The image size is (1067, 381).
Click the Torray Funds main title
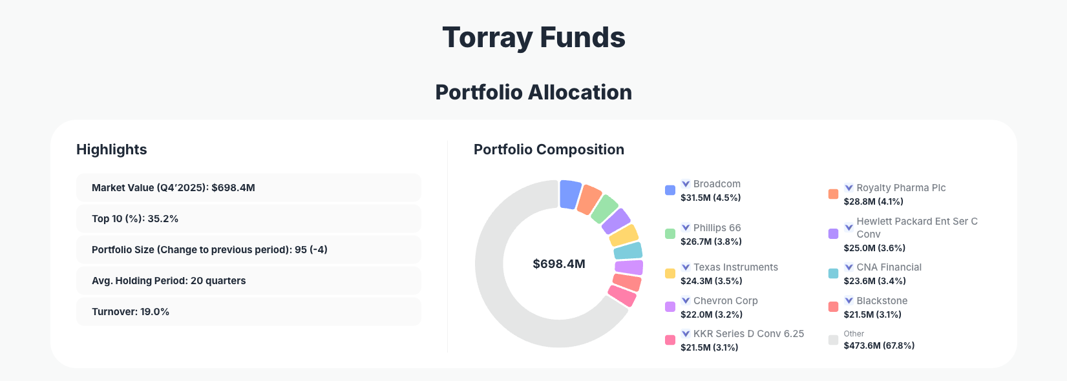tap(533, 37)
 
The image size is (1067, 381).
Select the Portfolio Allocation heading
tap(533, 92)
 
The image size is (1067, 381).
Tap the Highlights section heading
tap(112, 150)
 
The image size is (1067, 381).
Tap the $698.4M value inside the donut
tap(558, 264)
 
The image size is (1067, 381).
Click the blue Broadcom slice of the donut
tap(569, 194)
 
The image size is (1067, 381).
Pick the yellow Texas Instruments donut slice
tap(624, 236)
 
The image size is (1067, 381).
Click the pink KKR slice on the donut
tap(622, 296)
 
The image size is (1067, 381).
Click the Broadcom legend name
tap(717, 184)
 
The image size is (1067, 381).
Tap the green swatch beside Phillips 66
tap(670, 234)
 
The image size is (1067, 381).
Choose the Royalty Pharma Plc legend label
tap(901, 188)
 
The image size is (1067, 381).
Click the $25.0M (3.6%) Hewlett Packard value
tap(874, 248)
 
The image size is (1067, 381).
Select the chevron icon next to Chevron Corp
tap(686, 300)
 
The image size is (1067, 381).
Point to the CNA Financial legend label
tap(889, 267)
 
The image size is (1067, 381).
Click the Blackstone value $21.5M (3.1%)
tap(872, 314)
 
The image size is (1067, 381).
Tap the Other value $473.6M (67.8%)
tap(879, 345)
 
